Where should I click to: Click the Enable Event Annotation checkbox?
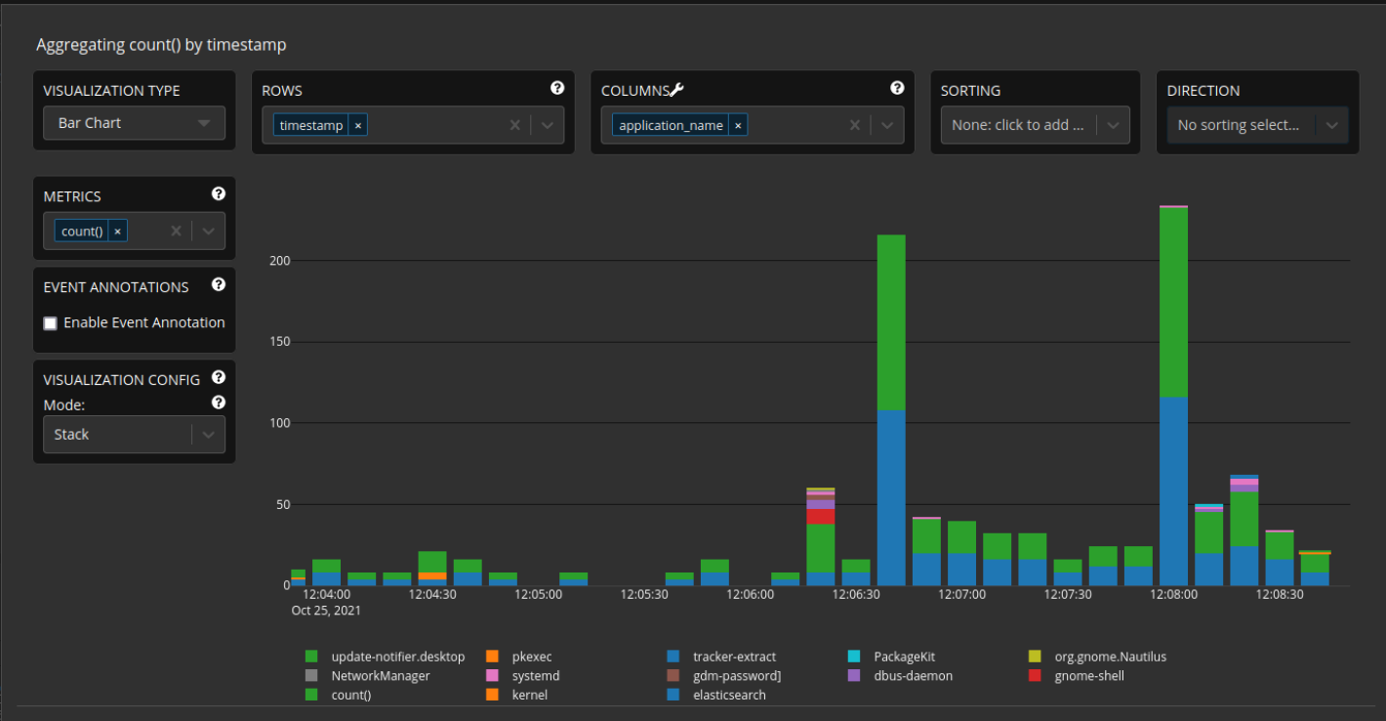51,323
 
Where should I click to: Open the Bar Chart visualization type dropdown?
134,123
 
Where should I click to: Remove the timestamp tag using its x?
358,125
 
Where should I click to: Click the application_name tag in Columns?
671,125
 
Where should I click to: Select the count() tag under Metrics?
82,232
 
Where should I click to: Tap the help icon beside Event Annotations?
219,284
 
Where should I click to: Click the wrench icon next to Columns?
676,90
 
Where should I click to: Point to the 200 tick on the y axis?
280,261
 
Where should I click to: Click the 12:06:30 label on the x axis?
856,594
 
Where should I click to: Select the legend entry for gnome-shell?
1089,675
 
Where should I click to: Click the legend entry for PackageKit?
904,657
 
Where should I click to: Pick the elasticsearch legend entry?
729,695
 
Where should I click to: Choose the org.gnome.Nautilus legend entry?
1110,657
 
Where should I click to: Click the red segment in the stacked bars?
821,517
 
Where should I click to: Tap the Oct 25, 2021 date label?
326,611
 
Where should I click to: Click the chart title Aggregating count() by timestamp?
161,45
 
